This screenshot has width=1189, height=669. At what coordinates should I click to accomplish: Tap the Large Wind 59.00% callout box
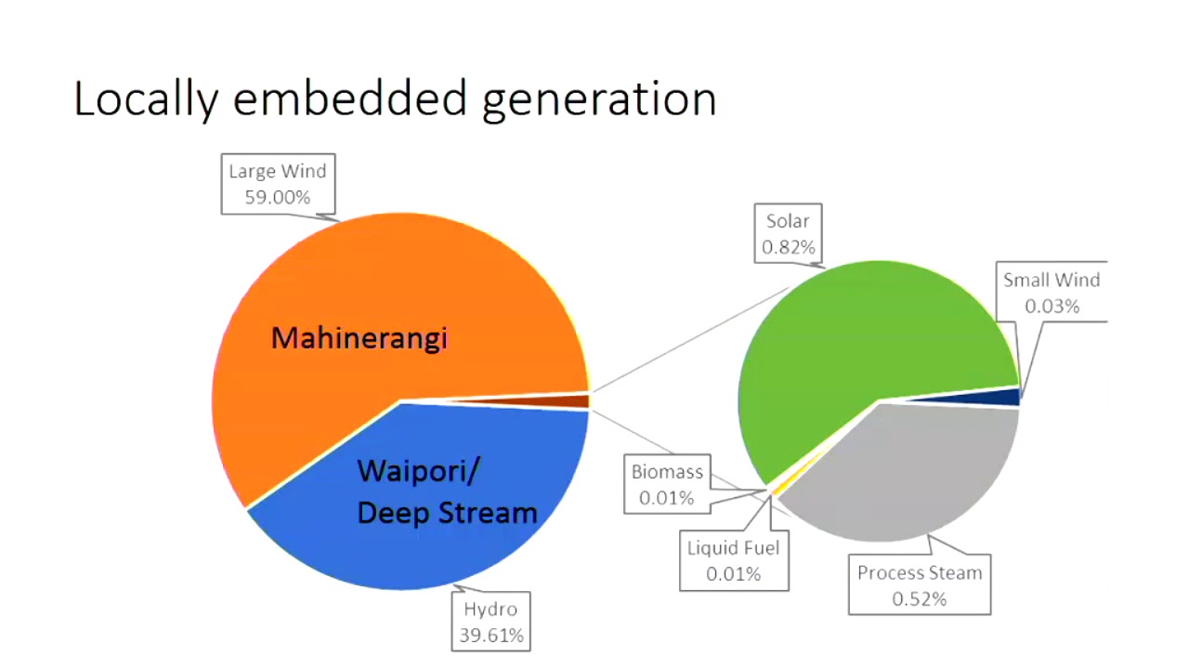[278, 184]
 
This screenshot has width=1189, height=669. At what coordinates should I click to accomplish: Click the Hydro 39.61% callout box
[490, 622]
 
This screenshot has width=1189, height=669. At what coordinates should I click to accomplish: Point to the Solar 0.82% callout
[788, 233]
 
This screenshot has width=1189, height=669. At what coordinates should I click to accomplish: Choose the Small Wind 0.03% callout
[1052, 293]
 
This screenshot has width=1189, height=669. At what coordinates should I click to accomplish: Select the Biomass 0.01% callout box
[667, 484]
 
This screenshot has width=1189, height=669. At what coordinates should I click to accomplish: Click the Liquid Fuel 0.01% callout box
[733, 560]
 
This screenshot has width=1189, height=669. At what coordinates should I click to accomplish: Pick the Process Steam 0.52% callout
[919, 585]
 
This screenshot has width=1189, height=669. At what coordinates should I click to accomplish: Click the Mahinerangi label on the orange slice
[359, 338]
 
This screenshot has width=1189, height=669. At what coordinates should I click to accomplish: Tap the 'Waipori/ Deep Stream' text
[446, 492]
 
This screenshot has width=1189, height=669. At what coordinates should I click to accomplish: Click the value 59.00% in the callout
[278, 197]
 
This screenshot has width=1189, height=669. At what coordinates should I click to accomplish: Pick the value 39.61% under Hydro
[490, 636]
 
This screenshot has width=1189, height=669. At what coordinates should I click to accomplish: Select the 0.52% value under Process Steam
[919, 599]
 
